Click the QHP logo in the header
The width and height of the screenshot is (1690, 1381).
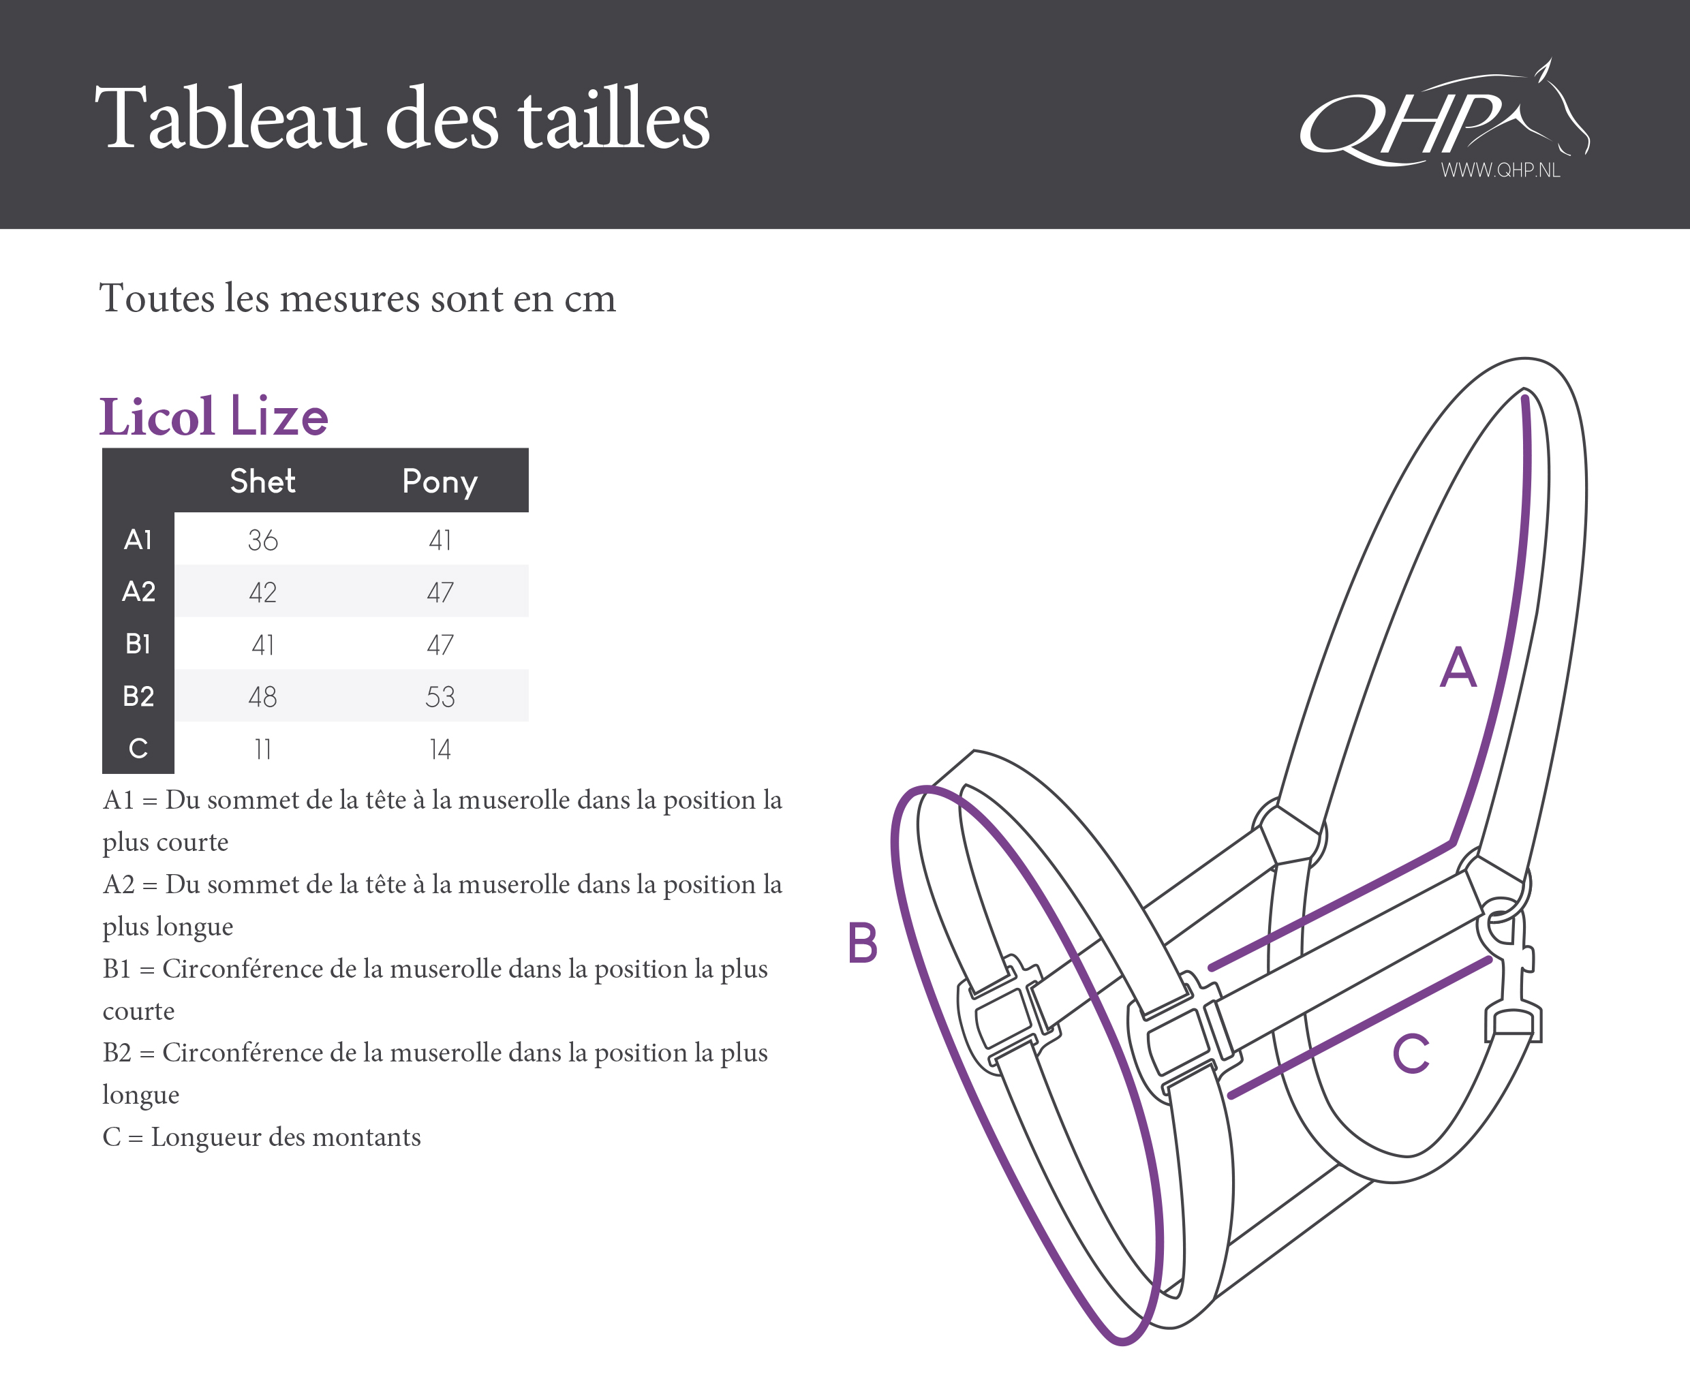(x=1444, y=119)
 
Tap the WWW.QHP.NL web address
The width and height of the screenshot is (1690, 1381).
(x=1500, y=170)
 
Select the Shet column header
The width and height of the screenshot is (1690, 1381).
(x=262, y=481)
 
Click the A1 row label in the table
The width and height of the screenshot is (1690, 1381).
(x=138, y=540)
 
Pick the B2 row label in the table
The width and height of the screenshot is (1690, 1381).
(x=138, y=696)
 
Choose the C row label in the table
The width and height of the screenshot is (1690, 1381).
(x=138, y=749)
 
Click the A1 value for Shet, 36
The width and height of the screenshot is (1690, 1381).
(x=262, y=540)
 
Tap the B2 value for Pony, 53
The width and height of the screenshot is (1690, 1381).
(x=440, y=697)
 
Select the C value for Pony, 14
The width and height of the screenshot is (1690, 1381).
(x=440, y=749)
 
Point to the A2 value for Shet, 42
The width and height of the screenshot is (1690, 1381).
(x=262, y=593)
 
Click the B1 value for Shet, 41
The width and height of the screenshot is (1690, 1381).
(x=262, y=645)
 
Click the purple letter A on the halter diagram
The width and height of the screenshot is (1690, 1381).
(x=1458, y=666)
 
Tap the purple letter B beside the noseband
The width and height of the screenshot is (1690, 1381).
(x=863, y=943)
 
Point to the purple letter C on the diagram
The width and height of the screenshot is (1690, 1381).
(x=1411, y=1053)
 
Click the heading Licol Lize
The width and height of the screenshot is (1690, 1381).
(x=213, y=416)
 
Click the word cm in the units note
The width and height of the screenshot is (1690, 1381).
(x=589, y=299)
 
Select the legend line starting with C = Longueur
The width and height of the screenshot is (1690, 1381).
(x=262, y=1137)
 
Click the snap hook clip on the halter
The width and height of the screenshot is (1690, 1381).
(x=1511, y=978)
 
